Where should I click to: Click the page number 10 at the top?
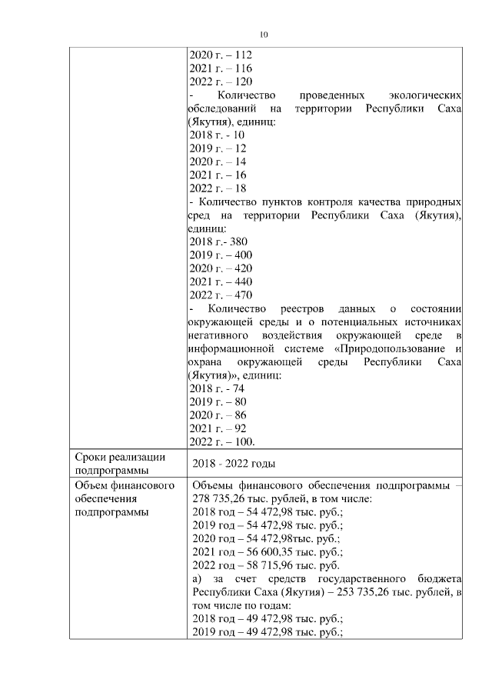264,35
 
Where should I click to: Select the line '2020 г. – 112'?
221,55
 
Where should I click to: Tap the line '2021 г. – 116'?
221,68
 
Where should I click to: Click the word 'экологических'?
424,95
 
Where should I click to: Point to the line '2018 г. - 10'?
217,135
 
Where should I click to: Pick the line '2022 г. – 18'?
218,188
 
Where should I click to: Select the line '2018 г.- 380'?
218,241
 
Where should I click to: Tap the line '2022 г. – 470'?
221,295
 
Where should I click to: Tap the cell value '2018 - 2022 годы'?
234,464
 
